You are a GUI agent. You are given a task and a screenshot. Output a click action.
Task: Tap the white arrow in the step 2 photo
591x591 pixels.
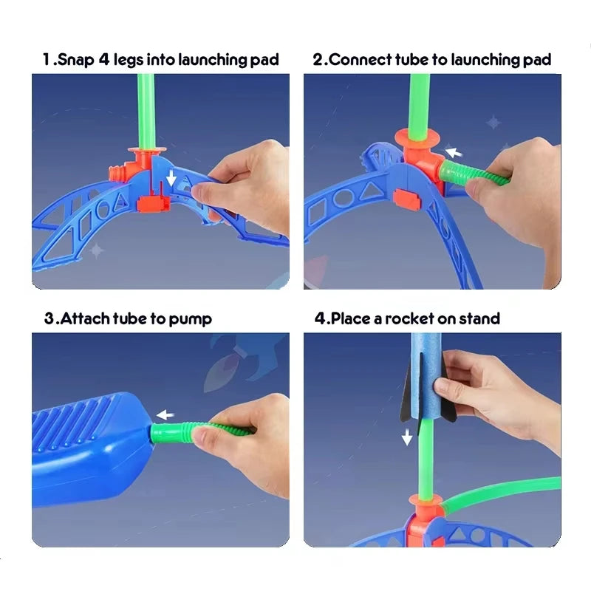point(454,152)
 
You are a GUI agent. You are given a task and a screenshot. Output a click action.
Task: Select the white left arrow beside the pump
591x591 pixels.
point(165,415)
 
